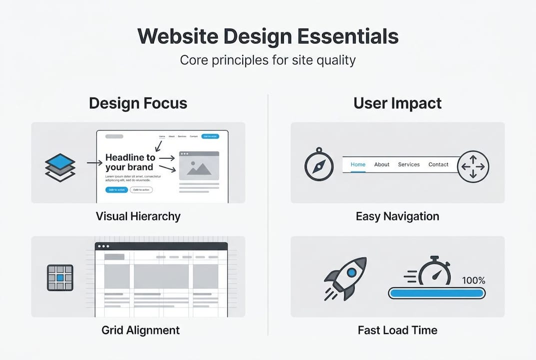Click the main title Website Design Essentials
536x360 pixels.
coord(268,37)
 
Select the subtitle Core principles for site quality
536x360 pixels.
coord(268,60)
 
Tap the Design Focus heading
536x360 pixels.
coord(138,103)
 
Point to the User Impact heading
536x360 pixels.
coord(398,103)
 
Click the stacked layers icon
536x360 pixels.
coord(60,167)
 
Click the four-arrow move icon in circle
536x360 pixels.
coord(473,166)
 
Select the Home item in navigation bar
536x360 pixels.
coord(358,164)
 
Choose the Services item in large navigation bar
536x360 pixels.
coord(409,164)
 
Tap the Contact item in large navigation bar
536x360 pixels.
coord(438,164)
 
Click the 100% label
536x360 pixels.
coord(473,281)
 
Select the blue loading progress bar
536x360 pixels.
coord(437,293)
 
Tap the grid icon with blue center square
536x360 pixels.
coord(60,278)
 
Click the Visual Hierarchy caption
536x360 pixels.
coord(138,216)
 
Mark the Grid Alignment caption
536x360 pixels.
coord(140,330)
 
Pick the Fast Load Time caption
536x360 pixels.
coord(397,330)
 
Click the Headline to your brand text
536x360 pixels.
coord(130,162)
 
